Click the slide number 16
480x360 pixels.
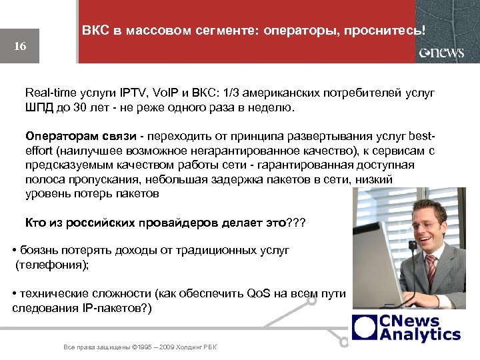click(x=20, y=47)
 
